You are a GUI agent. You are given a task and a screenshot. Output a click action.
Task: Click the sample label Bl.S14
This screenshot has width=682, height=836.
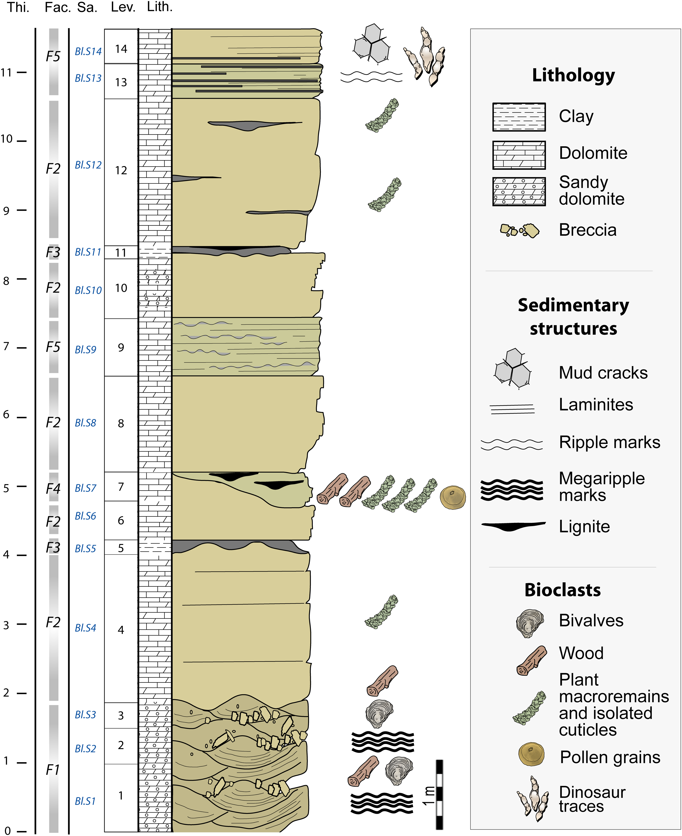[88, 51]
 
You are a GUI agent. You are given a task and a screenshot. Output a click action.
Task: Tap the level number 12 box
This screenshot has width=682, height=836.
[121, 171]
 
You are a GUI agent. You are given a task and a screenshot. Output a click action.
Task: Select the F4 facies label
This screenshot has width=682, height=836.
[53, 489]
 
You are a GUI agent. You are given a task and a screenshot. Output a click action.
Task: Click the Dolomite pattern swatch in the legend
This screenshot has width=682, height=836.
[519, 155]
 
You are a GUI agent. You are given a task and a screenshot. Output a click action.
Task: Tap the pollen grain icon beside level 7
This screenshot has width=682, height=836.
[453, 498]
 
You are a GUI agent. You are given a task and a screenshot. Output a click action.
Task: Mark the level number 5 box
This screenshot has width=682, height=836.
[121, 548]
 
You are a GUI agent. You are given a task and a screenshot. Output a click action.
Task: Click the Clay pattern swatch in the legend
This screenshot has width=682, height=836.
[519, 117]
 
